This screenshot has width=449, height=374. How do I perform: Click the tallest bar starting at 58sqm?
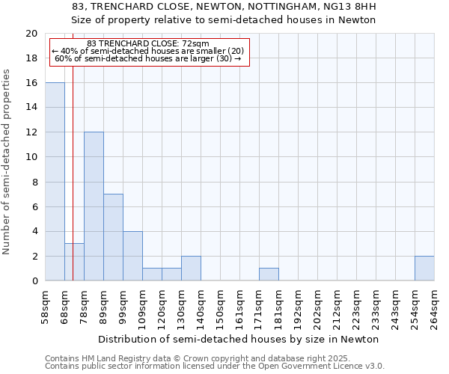55,182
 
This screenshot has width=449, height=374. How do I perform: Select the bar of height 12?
94,206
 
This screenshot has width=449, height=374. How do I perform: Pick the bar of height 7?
113,237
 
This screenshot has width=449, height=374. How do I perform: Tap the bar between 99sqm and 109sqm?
132,256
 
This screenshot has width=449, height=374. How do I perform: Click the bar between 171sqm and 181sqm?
269,275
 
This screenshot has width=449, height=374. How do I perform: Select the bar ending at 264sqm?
424,269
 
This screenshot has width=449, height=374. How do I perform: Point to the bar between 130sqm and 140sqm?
191,269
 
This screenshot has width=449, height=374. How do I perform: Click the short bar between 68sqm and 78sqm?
74,262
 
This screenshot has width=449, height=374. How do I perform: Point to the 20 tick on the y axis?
31,34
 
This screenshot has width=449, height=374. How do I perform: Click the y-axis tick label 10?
31,157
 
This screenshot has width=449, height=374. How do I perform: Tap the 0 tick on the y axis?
34,280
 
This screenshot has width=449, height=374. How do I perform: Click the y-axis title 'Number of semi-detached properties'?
7,162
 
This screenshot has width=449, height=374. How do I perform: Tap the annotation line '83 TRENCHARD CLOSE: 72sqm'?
148,44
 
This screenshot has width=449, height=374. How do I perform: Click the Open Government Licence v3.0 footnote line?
215,367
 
